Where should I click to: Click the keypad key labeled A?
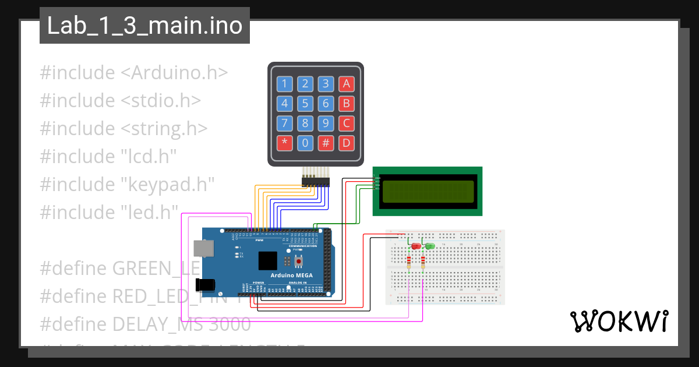pos(347,83)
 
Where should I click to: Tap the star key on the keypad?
pos(284,143)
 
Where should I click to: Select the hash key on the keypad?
pos(326,143)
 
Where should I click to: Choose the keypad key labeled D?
pos(347,143)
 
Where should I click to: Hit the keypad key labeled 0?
pos(305,143)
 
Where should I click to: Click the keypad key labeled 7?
pos(284,123)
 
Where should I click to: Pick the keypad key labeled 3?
pos(326,83)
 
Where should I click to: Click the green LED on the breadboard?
pos(430,246)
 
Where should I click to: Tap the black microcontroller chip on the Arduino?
pos(268,260)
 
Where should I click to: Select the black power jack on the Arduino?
pos(205,285)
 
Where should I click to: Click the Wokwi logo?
pos(618,321)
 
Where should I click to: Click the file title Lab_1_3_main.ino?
pos(144,26)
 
